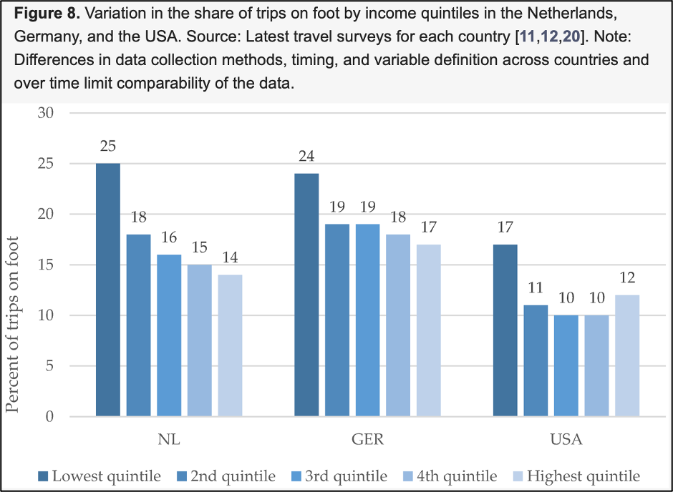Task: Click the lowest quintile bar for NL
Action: click(107, 290)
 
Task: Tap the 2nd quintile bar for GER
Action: click(337, 320)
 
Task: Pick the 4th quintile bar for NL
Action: click(200, 340)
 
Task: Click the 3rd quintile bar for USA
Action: click(566, 365)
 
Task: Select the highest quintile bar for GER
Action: click(429, 330)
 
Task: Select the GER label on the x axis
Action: click(368, 440)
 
